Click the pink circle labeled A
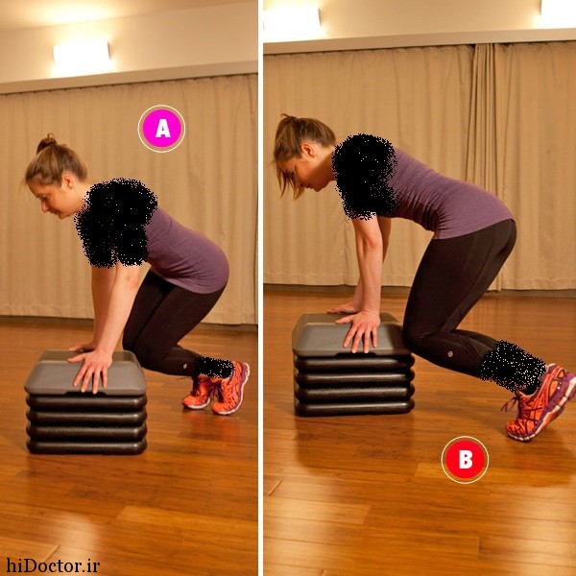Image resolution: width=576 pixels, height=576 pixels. click(161, 129)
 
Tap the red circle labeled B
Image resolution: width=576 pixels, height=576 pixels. click(465, 460)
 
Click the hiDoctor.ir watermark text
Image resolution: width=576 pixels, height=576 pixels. click(53, 565)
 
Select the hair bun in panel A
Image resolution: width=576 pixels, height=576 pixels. click(46, 143)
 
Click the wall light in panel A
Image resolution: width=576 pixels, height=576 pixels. click(82, 54)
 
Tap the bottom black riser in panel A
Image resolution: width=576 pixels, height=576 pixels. click(86, 445)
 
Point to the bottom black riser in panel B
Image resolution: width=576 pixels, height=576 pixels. click(354, 408)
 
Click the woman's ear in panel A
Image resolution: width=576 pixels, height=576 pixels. click(68, 180)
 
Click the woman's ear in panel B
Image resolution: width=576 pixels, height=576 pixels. click(308, 151)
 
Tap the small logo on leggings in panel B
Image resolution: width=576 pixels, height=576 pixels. click(451, 354)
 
